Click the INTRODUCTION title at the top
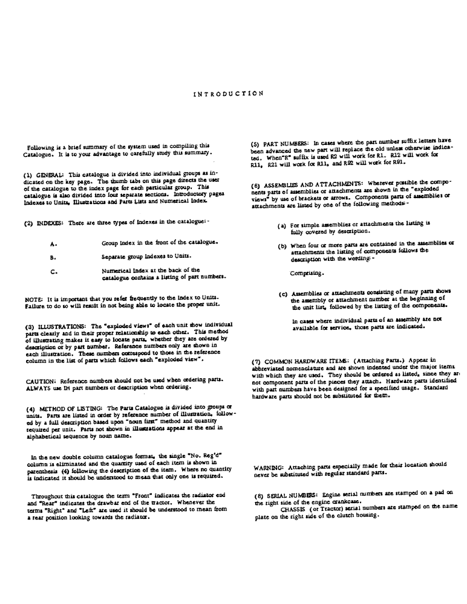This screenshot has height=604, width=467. tap(228, 94)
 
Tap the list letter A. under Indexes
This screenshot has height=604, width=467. tap(53, 244)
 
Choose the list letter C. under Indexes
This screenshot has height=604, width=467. tap(54, 271)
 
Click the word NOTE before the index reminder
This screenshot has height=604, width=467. tap(33, 300)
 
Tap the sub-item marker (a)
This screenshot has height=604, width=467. tap(282, 225)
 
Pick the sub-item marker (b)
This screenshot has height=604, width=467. tap(282, 246)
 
